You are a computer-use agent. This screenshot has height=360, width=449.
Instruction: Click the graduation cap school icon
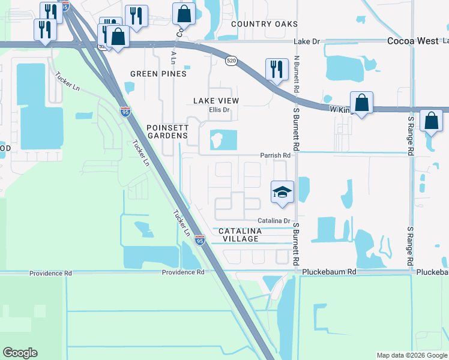pyautogui.click(x=282, y=192)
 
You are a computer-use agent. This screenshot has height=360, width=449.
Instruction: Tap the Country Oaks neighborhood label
pyautogui.click(x=265, y=24)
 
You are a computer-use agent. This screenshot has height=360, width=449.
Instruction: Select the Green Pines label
pyautogui.click(x=158, y=74)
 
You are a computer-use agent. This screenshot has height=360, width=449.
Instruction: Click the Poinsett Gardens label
pyautogui.click(x=167, y=131)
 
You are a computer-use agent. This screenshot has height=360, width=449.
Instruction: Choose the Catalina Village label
pyautogui.click(x=239, y=235)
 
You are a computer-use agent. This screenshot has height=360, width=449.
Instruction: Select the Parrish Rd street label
pyautogui.click(x=275, y=155)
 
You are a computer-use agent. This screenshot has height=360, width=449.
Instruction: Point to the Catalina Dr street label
pyautogui.click(x=275, y=221)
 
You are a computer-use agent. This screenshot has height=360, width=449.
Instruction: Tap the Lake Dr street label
pyautogui.click(x=307, y=41)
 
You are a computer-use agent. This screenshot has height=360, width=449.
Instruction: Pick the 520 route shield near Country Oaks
pyautogui.click(x=231, y=61)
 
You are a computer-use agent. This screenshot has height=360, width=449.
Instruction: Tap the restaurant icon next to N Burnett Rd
pyautogui.click(x=276, y=70)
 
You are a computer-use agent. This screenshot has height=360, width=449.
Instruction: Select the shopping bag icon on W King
pyautogui.click(x=362, y=103)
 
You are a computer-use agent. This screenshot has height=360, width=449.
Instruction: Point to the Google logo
pyautogui.click(x=20, y=353)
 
